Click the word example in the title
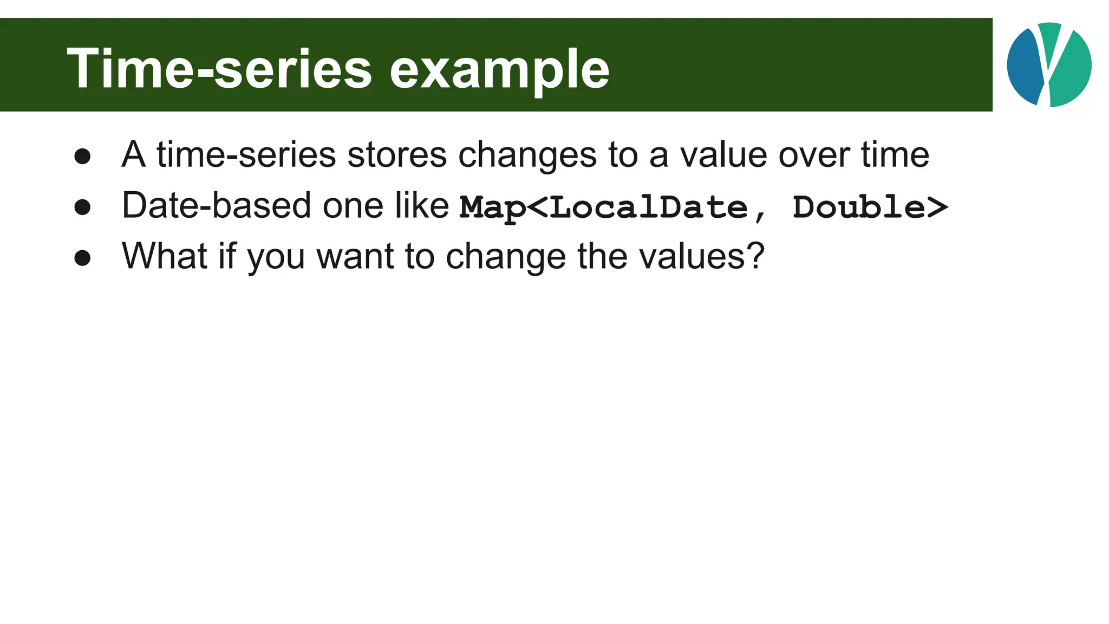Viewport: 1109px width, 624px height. [499, 69]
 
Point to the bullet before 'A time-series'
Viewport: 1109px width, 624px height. [82, 157]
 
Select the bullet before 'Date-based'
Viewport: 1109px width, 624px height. [82, 207]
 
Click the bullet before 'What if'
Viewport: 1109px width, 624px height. [82, 258]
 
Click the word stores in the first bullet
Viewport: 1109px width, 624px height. [397, 155]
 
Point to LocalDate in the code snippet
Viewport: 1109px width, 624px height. [649, 207]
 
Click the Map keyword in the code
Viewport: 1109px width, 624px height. [493, 207]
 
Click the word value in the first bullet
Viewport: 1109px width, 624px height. [723, 155]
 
